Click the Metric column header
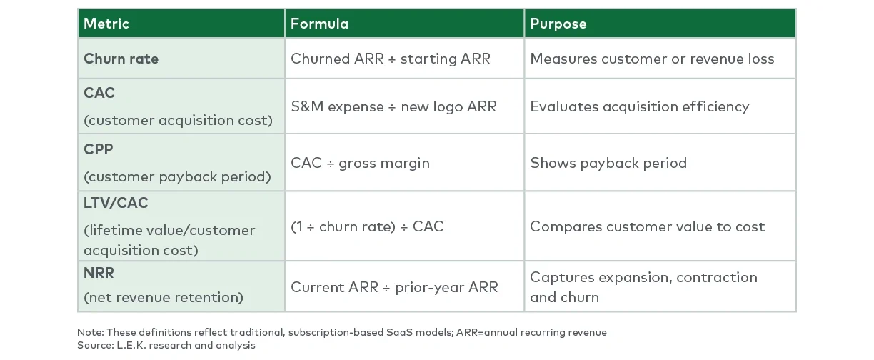click(106, 24)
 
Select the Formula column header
click(319, 24)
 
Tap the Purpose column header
click(558, 24)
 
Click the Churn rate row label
click(121, 59)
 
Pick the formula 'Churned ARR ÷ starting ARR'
click(390, 59)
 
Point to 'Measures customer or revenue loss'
click(651, 59)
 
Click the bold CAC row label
click(99, 93)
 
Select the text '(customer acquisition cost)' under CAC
click(178, 120)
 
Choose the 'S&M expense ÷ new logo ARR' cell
click(393, 106)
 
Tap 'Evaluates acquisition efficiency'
click(639, 106)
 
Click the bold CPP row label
click(99, 149)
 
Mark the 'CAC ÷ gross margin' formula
click(360, 163)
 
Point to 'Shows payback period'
click(608, 163)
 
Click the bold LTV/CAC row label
click(116, 204)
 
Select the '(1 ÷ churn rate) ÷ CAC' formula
click(367, 226)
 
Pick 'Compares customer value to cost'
click(647, 226)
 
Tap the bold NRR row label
click(99, 273)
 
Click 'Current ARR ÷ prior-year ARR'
click(394, 287)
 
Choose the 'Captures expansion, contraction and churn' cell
click(643, 287)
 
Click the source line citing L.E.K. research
click(166, 346)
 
